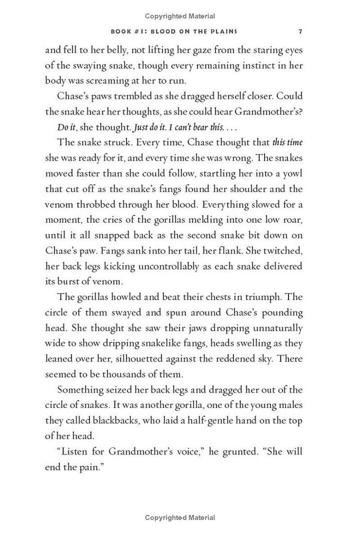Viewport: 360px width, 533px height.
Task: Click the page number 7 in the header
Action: pyautogui.click(x=300, y=31)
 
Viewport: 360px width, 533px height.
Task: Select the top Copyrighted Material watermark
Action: pyautogui.click(x=180, y=16)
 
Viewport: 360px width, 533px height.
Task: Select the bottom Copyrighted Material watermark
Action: pyautogui.click(x=180, y=517)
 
